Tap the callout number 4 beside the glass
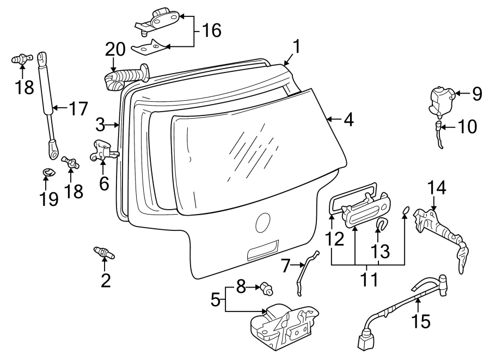(x=348, y=119)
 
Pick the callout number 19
(x=49, y=199)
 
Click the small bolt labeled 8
(x=267, y=288)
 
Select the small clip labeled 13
(x=382, y=224)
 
